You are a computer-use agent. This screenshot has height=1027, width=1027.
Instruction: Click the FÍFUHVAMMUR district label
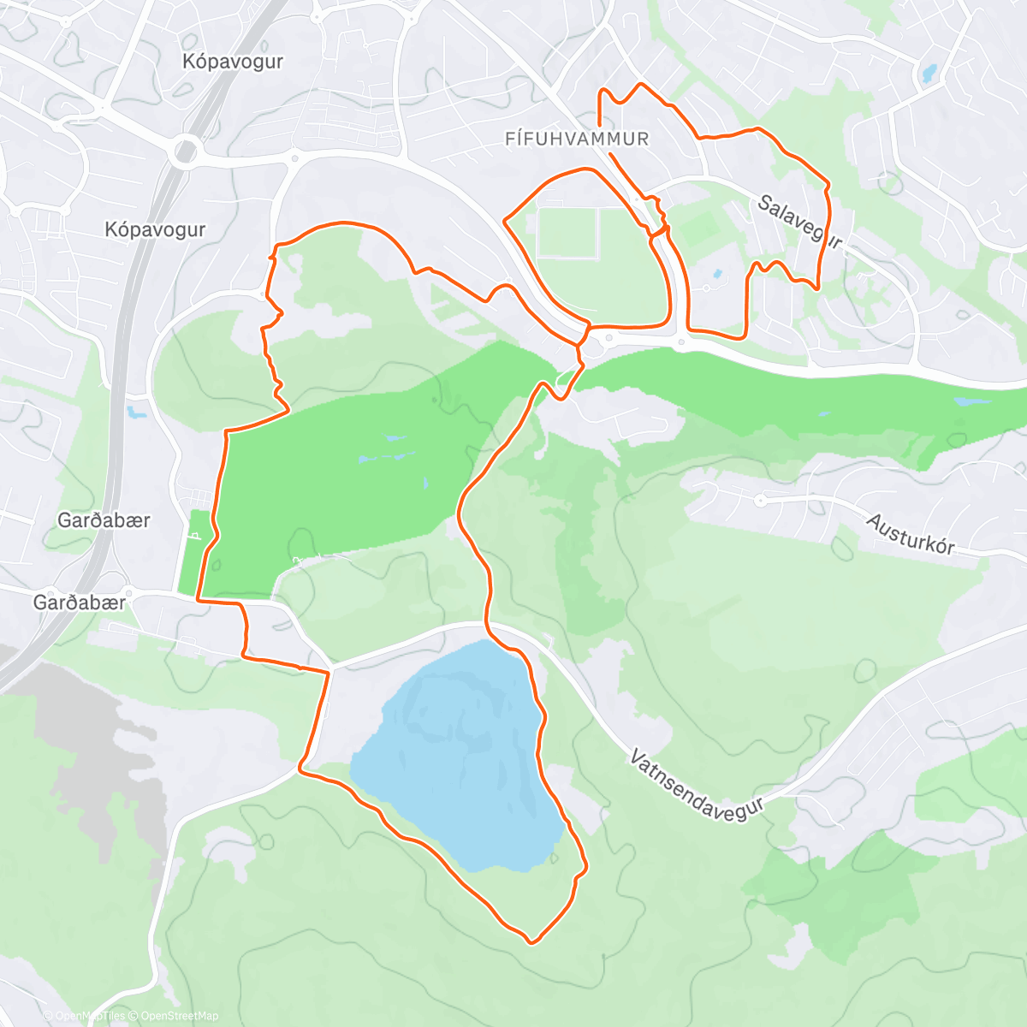tap(577, 139)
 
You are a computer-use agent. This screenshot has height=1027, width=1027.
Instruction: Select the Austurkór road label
tap(910, 534)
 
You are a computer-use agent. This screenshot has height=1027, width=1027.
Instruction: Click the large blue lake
tap(458, 753)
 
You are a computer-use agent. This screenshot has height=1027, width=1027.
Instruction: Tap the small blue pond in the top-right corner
tap(929, 74)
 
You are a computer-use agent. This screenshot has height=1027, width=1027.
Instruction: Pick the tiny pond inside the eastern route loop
tap(716, 275)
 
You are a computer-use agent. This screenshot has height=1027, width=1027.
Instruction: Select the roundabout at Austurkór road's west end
tap(760, 499)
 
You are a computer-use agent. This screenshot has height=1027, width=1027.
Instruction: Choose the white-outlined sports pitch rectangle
tap(567, 233)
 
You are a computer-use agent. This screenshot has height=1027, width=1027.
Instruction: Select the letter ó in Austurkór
tap(935, 543)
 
